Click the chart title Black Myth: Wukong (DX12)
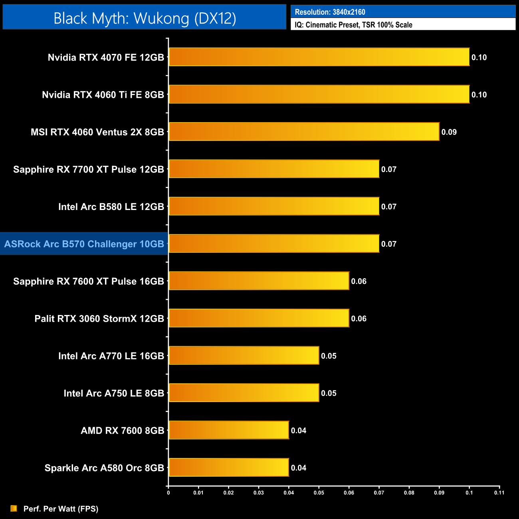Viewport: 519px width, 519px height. click(145, 18)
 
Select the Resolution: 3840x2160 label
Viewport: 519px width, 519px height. click(330, 12)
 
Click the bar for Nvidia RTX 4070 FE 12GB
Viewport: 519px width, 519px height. click(319, 57)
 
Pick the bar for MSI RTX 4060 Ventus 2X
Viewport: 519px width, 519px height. click(304, 132)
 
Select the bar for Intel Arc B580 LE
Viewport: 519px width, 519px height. click(274, 206)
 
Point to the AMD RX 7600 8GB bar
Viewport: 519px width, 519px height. click(229, 430)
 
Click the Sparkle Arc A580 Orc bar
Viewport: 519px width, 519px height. click(229, 467)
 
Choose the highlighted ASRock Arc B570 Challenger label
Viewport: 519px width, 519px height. click(84, 244)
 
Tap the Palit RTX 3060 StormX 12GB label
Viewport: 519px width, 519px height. click(99, 319)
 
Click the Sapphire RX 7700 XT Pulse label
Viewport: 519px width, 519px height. click(88, 169)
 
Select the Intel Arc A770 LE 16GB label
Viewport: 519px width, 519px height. click(111, 356)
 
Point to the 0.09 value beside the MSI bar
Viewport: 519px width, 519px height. click(449, 132)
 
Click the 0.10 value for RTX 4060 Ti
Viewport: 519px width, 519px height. click(479, 95)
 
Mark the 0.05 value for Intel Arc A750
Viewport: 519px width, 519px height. click(329, 393)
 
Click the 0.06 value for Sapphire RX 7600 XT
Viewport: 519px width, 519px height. click(359, 281)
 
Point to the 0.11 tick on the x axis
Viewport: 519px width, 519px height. click(499, 493)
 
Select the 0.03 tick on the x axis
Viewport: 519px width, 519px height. click(258, 493)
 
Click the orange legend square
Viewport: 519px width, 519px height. click(14, 508)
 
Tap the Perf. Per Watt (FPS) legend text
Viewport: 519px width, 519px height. click(61, 509)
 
